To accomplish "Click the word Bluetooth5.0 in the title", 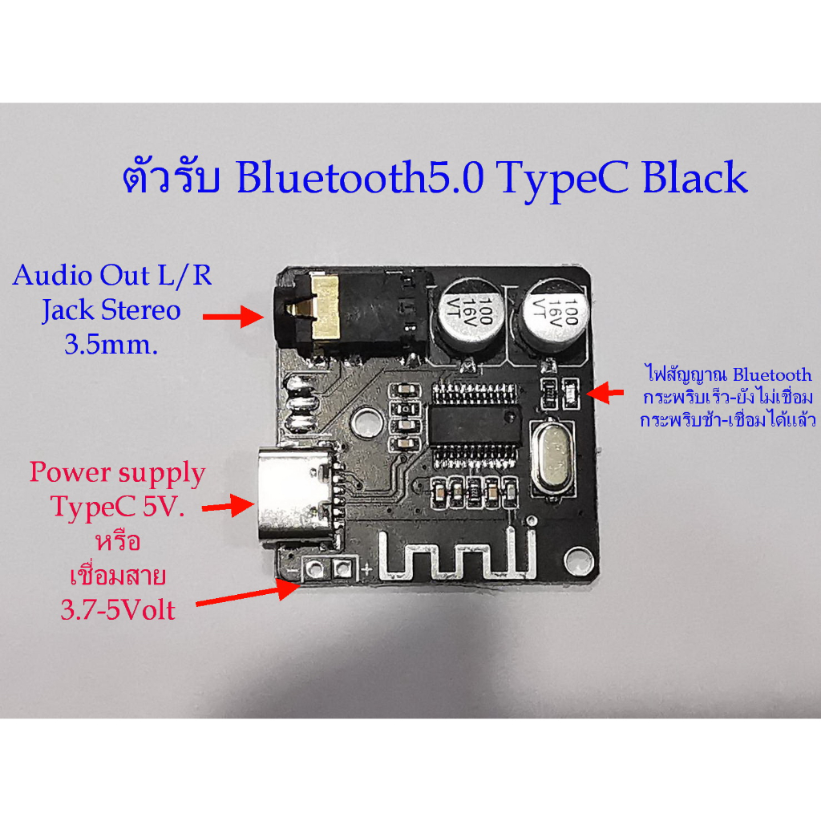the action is coord(360,177).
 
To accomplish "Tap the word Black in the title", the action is coord(695,177).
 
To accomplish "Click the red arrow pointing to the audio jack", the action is coord(233,316).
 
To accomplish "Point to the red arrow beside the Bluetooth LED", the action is coord(605,392).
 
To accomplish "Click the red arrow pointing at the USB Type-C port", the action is coord(229,507).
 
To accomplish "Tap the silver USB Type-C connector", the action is coord(297,496).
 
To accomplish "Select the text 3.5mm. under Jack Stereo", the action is coord(111,345).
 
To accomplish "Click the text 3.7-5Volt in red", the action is coord(117,610).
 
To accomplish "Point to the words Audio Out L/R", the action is coord(112,275).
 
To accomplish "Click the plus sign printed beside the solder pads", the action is coord(366,569).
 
